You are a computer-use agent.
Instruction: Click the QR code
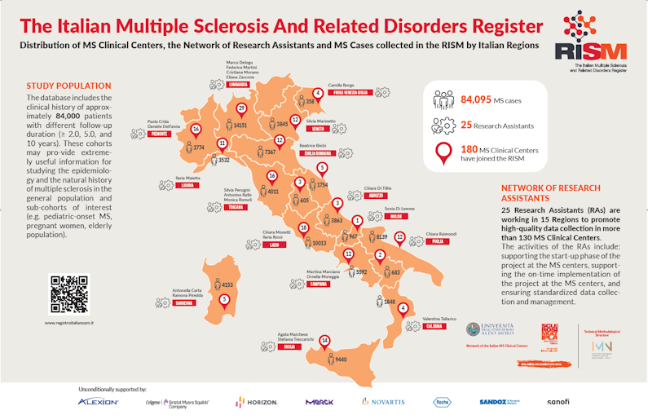[x=68, y=294]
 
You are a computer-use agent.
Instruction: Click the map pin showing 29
[x=240, y=109]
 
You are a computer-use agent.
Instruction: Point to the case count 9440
[x=342, y=359]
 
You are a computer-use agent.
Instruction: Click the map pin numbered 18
[x=303, y=228]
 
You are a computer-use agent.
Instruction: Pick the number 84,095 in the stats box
[x=478, y=100]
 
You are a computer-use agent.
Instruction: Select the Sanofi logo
[x=558, y=402]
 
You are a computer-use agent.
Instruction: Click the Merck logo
[x=320, y=402]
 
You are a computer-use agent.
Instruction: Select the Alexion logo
[x=99, y=402]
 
